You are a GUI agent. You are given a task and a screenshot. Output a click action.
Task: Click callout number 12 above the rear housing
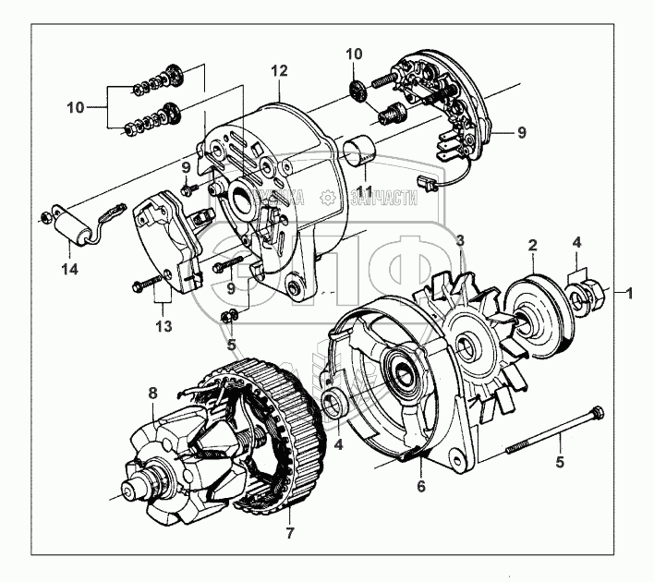click(280, 71)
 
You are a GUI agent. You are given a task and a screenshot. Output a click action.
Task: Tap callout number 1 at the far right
click(630, 293)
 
